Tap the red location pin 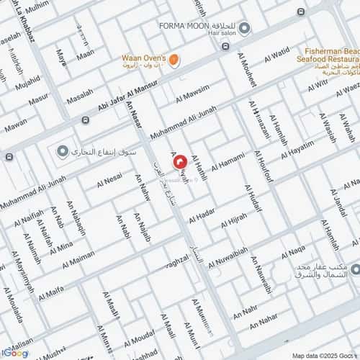click(x=179, y=165)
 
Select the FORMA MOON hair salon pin click(x=245, y=29)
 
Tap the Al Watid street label click(x=276, y=55)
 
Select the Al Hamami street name click(x=230, y=163)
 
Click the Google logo click(x=15, y=353)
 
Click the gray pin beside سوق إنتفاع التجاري click(x=63, y=152)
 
